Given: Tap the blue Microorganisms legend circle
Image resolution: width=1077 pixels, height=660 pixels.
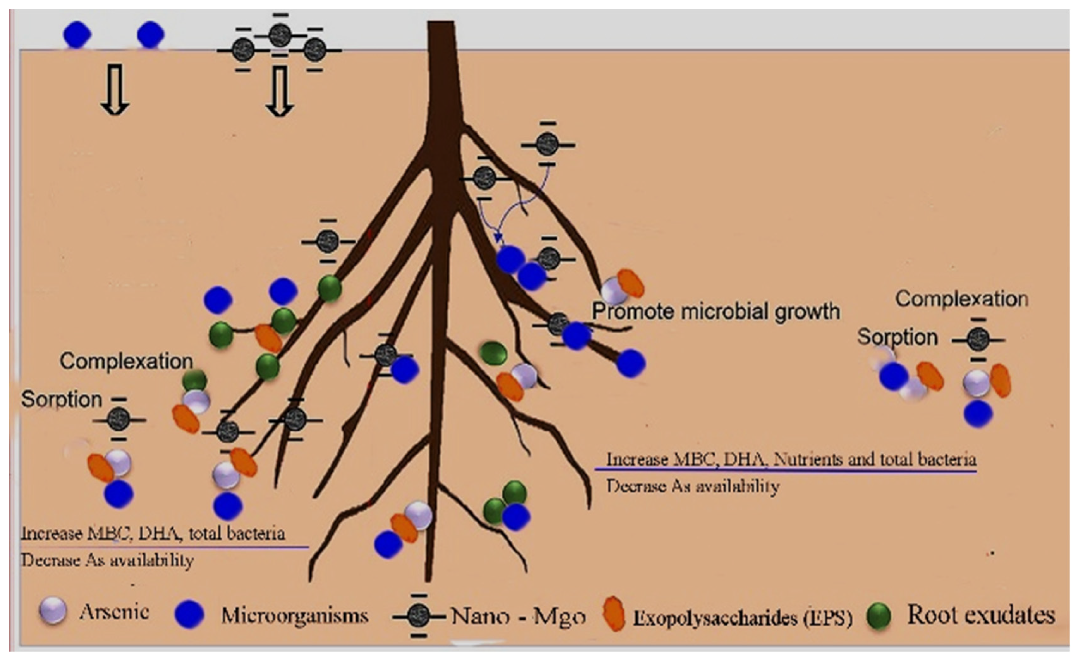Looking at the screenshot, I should tap(189, 614).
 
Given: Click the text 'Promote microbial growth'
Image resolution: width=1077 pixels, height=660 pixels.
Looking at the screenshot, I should tap(715, 312).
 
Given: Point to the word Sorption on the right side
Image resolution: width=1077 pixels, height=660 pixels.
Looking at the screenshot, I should tap(897, 337).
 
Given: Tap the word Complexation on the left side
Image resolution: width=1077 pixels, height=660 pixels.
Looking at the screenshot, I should tap(126, 361).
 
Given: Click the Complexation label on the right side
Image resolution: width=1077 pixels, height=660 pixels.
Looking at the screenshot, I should tap(962, 299).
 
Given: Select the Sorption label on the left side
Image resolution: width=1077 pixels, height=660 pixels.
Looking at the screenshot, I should tap(62, 399).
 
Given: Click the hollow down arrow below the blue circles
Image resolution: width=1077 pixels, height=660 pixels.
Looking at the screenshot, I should tap(114, 89).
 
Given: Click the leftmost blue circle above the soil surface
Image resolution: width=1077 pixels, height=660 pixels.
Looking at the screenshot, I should tap(77, 34).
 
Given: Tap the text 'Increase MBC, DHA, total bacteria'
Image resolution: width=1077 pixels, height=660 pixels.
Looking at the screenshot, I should tap(153, 533).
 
